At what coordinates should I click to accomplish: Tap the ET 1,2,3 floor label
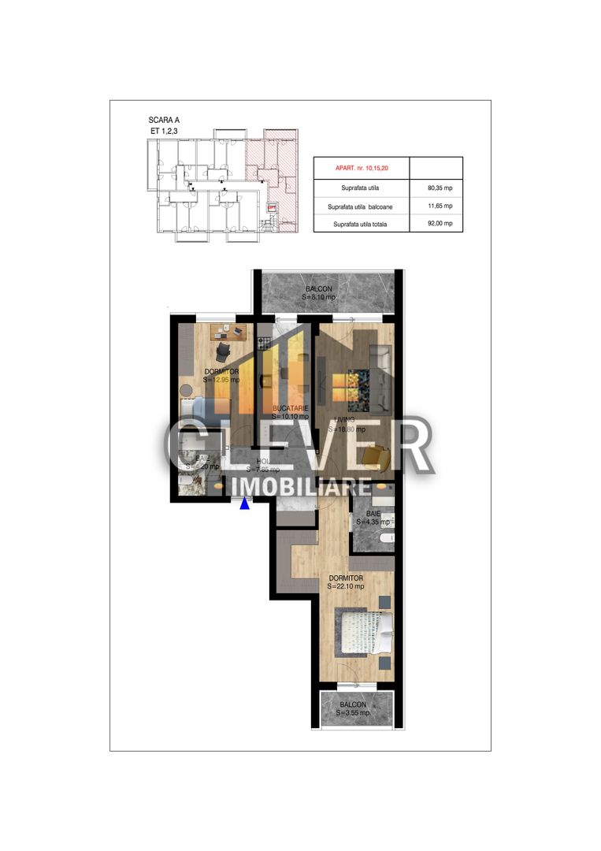(165, 132)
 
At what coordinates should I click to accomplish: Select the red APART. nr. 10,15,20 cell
(362, 169)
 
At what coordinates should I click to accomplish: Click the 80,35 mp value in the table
(436, 189)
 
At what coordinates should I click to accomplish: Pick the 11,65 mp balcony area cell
(436, 206)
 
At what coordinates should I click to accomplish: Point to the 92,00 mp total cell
(436, 225)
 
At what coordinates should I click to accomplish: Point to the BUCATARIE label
(289, 408)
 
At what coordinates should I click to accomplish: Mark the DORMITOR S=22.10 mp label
(347, 582)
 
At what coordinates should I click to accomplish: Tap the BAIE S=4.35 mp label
(372, 517)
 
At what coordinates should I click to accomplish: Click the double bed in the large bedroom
(364, 630)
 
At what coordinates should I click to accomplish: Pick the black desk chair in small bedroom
(223, 353)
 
